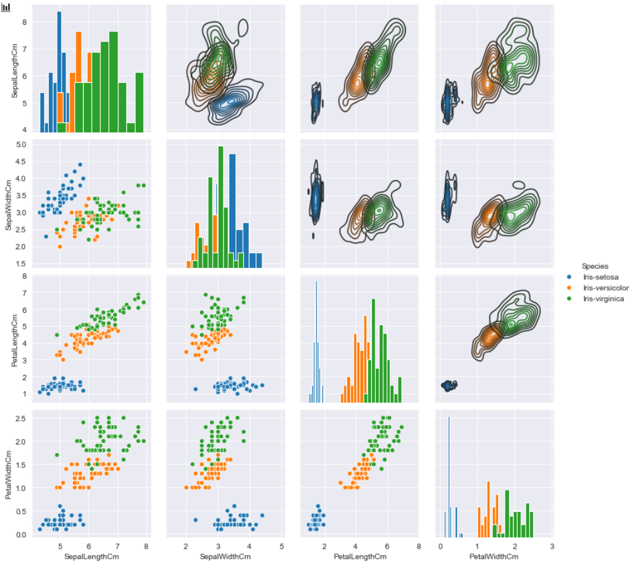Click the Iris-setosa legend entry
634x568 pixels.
click(593, 277)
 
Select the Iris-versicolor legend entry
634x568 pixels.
click(598, 288)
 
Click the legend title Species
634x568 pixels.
click(595, 266)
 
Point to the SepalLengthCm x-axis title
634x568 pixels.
click(92, 557)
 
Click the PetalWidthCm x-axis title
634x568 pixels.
click(494, 557)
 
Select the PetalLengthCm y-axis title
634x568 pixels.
click(15, 341)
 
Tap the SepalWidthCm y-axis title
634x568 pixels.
click(8, 206)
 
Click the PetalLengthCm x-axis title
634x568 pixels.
click(360, 557)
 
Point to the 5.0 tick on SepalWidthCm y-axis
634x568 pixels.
click(21, 144)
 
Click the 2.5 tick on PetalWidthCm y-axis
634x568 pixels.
click(21, 418)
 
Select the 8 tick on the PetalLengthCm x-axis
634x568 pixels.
click(419, 547)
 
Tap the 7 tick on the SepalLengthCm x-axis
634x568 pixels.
click(118, 547)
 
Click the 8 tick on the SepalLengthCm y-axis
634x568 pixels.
click(24, 22)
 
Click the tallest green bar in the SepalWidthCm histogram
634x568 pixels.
click(221, 206)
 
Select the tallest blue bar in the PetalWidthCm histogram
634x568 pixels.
click(449, 476)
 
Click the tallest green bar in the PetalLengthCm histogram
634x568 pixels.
click(373, 350)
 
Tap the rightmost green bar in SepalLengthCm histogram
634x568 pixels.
click(139, 102)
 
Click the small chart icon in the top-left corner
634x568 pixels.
click(5, 7)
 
